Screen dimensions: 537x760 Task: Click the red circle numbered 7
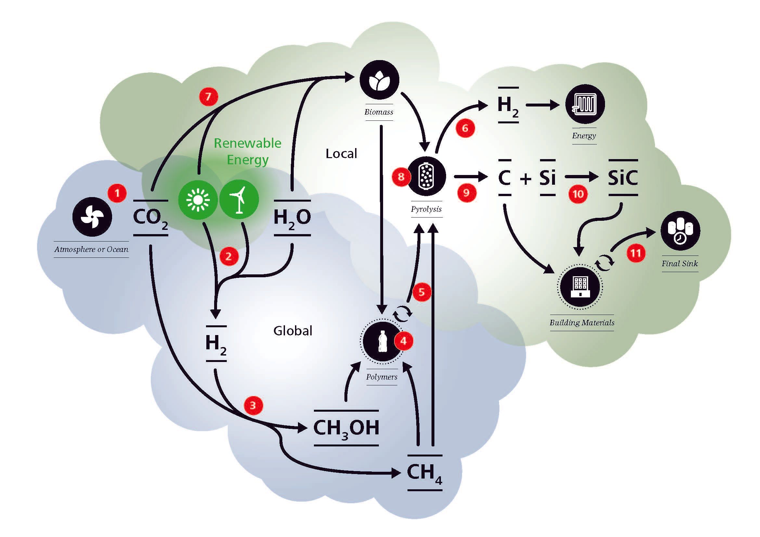click(x=208, y=96)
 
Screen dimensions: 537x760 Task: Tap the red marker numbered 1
click(x=117, y=193)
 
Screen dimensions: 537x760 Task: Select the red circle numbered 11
click(x=636, y=253)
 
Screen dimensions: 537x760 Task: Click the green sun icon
click(x=198, y=200)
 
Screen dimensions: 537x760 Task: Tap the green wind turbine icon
click(x=239, y=200)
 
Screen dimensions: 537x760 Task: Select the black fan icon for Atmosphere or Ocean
click(x=92, y=217)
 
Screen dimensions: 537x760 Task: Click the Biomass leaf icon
click(x=379, y=80)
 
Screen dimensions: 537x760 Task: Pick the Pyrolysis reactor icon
click(x=426, y=176)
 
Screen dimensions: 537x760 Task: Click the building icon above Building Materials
click(x=580, y=287)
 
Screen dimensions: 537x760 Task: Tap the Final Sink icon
click(x=680, y=231)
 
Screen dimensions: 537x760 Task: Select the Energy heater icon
click(x=585, y=104)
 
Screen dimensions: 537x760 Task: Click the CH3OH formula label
click(x=346, y=428)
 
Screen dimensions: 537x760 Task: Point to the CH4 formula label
click(x=424, y=473)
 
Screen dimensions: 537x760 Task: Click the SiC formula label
click(x=623, y=178)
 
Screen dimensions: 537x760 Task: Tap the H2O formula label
click(x=292, y=218)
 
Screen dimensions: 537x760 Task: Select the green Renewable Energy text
click(x=248, y=151)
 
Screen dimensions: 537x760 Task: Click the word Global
click(x=293, y=331)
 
